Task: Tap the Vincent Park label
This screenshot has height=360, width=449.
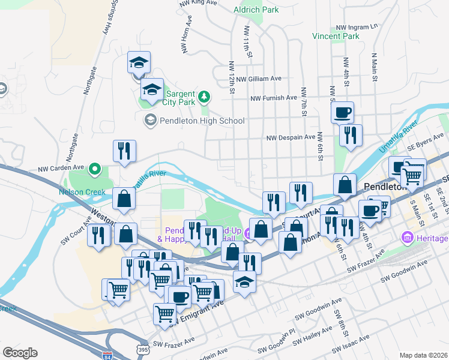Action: tap(336, 36)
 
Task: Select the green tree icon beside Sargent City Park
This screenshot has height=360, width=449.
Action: tap(204, 97)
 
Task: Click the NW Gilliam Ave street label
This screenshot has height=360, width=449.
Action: tap(259, 79)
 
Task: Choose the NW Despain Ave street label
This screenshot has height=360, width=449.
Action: tap(291, 137)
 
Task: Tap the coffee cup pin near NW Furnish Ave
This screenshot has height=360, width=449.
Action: tap(342, 112)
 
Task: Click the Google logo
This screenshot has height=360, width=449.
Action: tap(20, 353)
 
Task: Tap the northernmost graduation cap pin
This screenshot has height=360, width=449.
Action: tap(139, 62)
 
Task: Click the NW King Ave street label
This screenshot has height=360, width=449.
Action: tap(197, 3)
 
